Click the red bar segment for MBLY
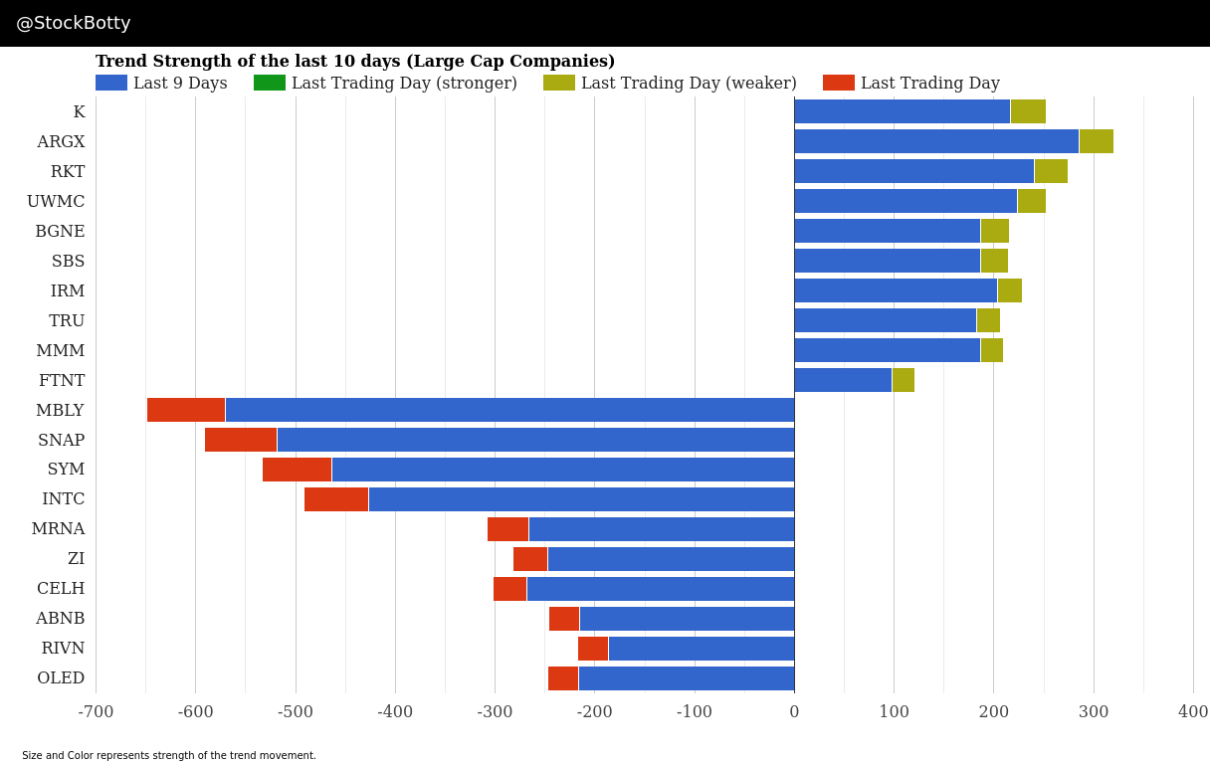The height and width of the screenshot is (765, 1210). (186, 410)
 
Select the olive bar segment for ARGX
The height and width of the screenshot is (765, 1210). (1096, 141)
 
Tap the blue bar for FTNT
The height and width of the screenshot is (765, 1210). (843, 380)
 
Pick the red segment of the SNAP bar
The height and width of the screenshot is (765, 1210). (241, 440)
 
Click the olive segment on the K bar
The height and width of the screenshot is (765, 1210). (1028, 111)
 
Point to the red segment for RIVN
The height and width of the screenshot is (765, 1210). (593, 649)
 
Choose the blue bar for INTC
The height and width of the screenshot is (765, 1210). (581, 499)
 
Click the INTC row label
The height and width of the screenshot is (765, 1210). (64, 498)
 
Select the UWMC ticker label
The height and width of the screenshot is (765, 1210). (56, 201)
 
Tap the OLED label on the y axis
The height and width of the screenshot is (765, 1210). (61, 677)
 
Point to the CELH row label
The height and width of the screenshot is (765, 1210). (61, 588)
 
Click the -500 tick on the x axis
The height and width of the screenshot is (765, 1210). (295, 711)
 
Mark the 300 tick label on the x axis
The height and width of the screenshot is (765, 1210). (1094, 711)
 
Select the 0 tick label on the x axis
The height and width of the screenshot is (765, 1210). (794, 711)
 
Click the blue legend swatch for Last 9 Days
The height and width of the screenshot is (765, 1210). (111, 83)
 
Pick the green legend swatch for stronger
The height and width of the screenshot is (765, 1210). (270, 83)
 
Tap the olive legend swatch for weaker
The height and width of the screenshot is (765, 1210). (559, 83)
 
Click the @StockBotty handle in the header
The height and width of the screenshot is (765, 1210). (74, 23)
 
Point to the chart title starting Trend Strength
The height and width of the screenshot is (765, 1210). (355, 61)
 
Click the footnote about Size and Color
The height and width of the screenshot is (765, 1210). (169, 755)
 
